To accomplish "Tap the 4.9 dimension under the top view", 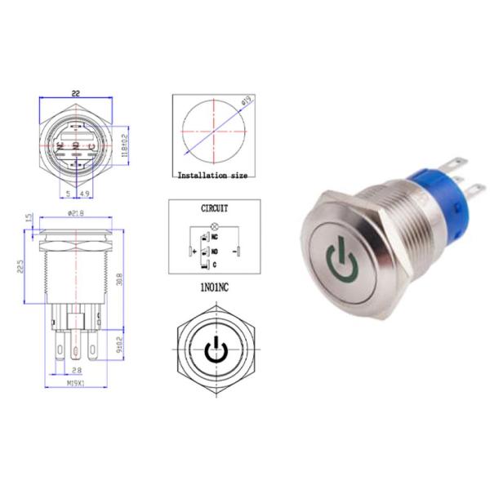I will point(84,194).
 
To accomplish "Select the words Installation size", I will point(211,174).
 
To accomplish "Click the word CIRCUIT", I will point(215,208).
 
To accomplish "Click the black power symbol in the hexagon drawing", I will point(214,349).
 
